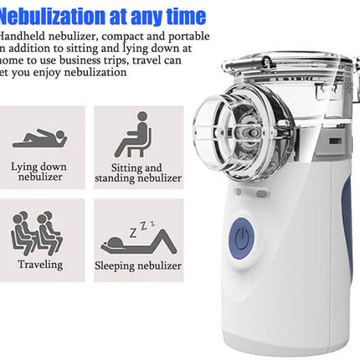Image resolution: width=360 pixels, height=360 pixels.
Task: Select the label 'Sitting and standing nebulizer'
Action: pyautogui.click(x=138, y=172)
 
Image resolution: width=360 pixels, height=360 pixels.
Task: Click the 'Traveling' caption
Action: pyautogui.click(x=40, y=265)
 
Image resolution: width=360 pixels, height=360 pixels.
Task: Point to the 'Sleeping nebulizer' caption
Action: pyautogui.click(x=139, y=265)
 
